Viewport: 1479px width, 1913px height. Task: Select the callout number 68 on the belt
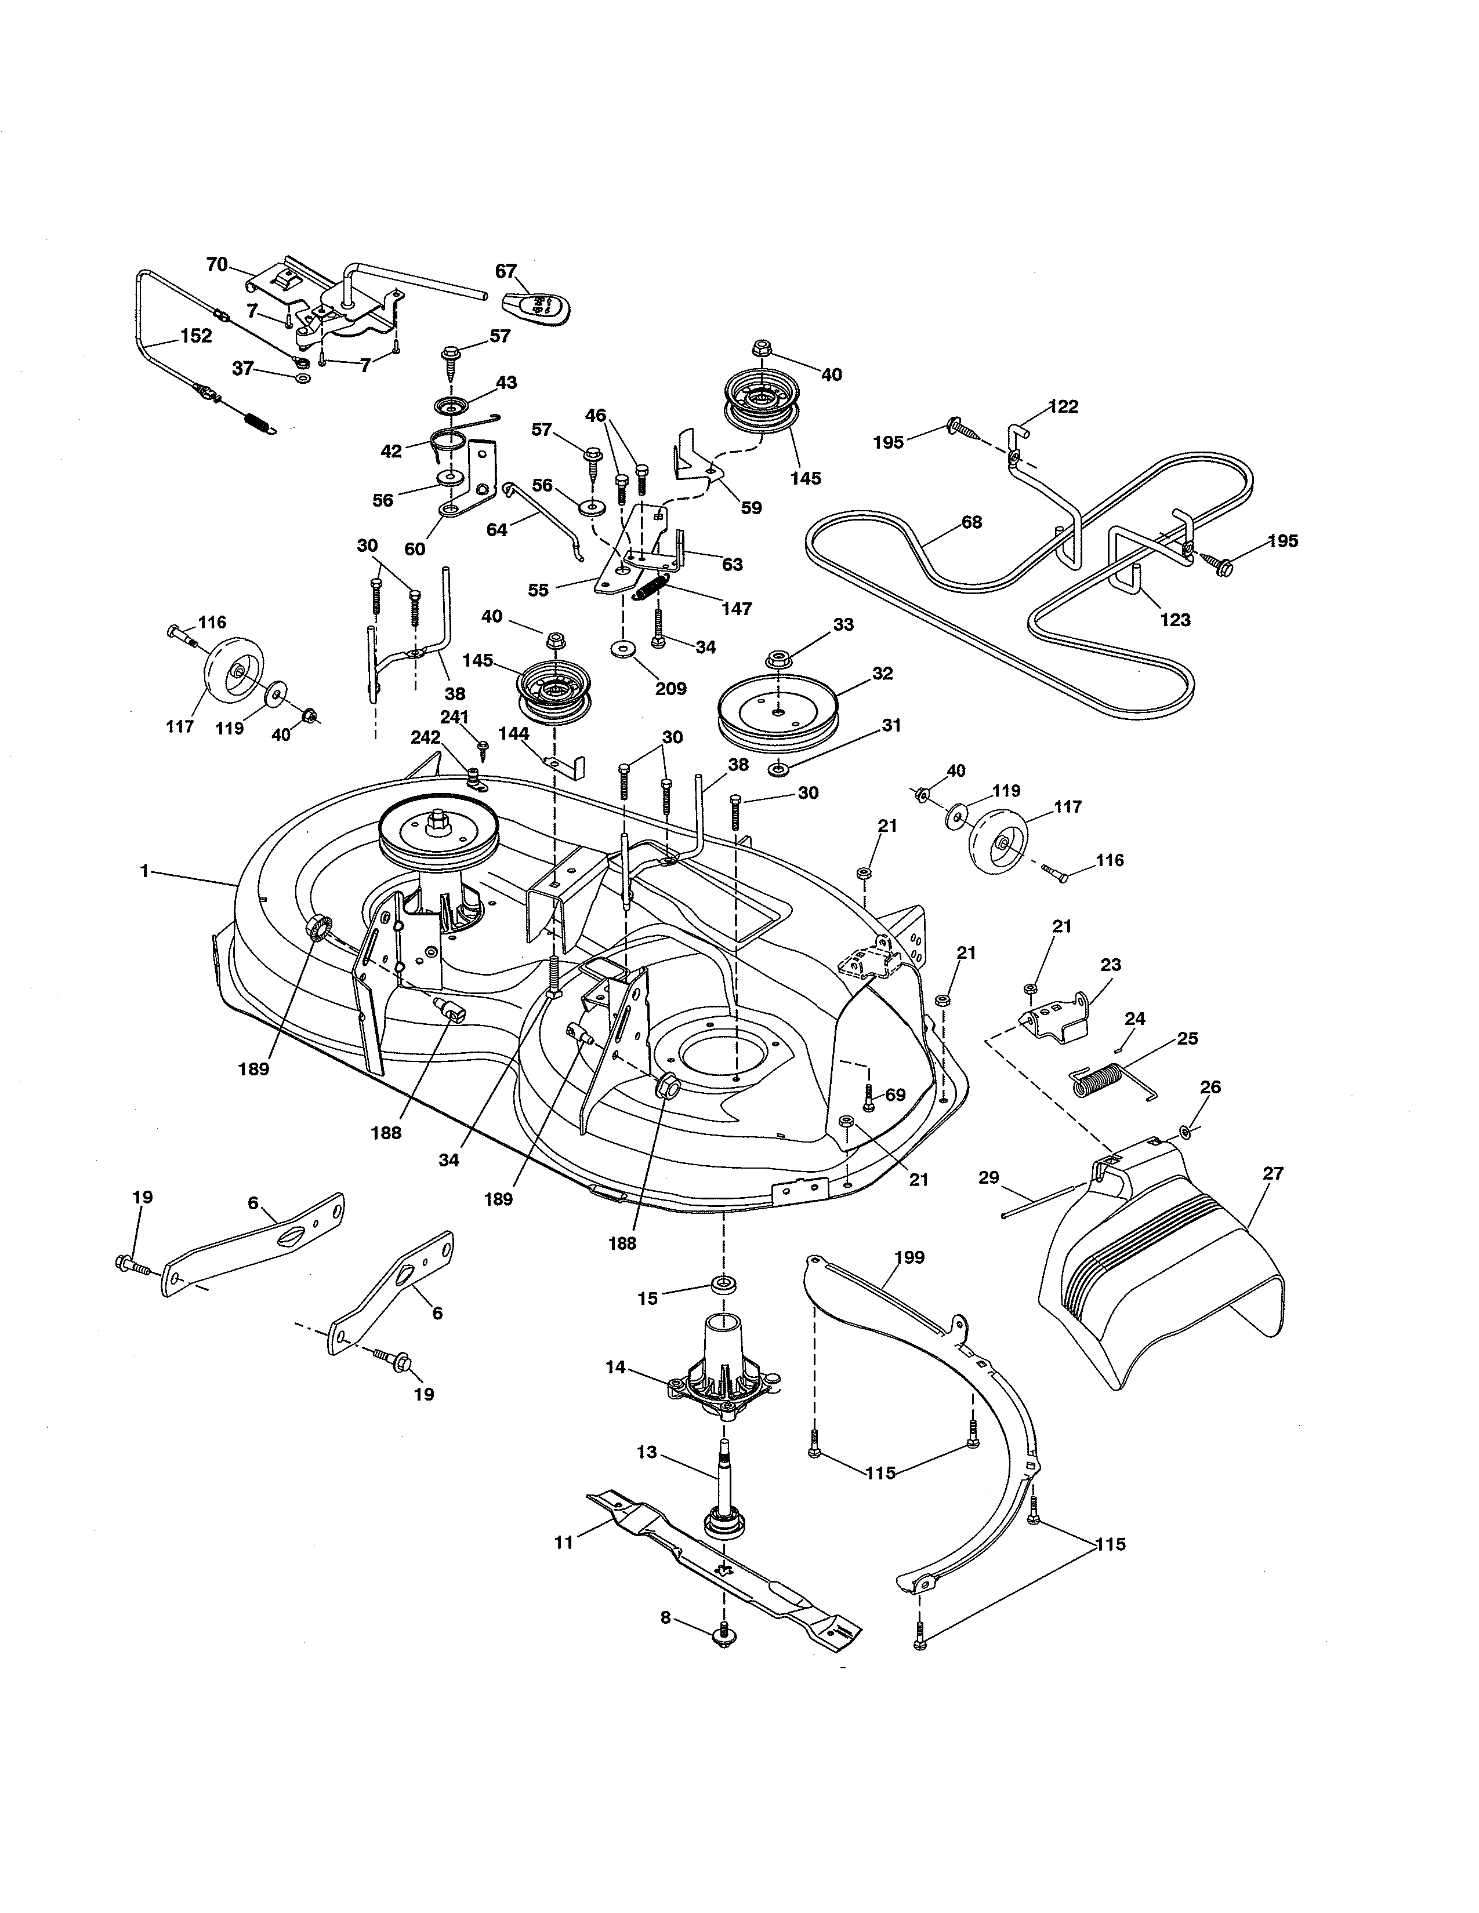click(971, 522)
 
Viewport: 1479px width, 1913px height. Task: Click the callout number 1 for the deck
click(143, 871)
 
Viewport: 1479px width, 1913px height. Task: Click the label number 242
click(425, 737)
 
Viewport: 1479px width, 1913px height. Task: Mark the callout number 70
click(216, 264)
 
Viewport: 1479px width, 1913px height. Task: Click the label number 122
click(1062, 406)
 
